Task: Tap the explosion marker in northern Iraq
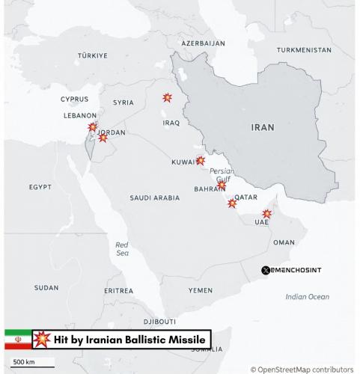pos(167,98)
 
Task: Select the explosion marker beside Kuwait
pos(200,160)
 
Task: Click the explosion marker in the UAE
pos(266,214)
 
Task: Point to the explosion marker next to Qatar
pos(232,203)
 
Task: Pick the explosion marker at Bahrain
pos(222,185)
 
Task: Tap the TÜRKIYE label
pos(93,56)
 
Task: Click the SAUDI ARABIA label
pos(155,198)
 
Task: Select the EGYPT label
pos(40,186)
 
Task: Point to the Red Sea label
pos(122,249)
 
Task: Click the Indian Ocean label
pos(307,297)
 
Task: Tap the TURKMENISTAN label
pos(304,50)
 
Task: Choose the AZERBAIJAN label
pos(203,43)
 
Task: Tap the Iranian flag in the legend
pos(18,339)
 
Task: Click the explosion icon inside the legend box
pos(43,339)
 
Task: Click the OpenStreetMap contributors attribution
pos(302,369)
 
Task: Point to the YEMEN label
pos(200,290)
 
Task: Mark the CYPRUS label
pos(74,99)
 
